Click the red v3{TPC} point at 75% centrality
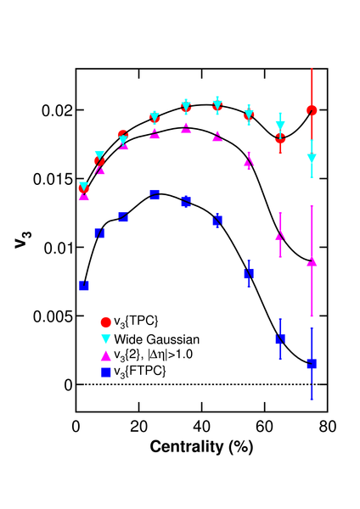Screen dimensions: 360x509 312,110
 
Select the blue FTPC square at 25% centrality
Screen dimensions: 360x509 155,195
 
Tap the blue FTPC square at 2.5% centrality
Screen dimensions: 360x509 84,286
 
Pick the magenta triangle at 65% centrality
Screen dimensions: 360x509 280,236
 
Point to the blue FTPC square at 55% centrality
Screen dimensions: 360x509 249,274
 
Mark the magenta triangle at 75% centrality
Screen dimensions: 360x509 312,261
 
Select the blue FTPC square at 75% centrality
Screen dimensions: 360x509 312,364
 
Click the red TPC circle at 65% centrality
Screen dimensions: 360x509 280,138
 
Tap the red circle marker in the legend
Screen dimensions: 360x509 106,322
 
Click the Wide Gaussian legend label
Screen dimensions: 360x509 156,339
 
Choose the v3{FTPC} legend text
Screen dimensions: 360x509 140,371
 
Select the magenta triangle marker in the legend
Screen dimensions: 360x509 106,355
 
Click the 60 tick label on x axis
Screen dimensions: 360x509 264,427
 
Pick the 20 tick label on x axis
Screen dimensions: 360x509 138,427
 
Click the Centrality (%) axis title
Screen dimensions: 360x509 201,447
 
